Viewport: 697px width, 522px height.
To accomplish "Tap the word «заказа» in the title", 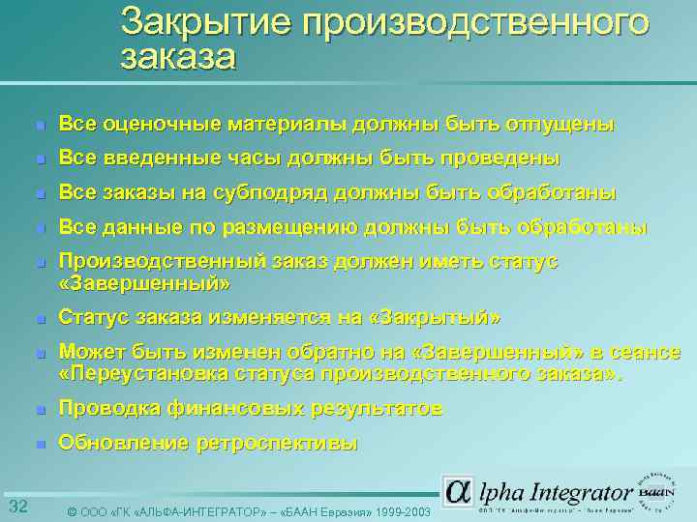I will (x=178, y=58).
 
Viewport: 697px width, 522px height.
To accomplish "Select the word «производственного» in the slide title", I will (x=474, y=21).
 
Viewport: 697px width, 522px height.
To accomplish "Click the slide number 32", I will (x=17, y=507).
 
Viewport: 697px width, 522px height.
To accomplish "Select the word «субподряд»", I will (x=273, y=192).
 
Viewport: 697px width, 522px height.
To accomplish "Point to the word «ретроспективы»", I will (x=278, y=444).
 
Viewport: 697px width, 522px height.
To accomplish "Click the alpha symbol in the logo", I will (x=459, y=490).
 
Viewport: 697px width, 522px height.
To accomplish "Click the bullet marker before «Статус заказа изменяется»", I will (x=38, y=319).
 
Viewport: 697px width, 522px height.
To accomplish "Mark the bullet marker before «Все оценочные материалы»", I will (x=38, y=126).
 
